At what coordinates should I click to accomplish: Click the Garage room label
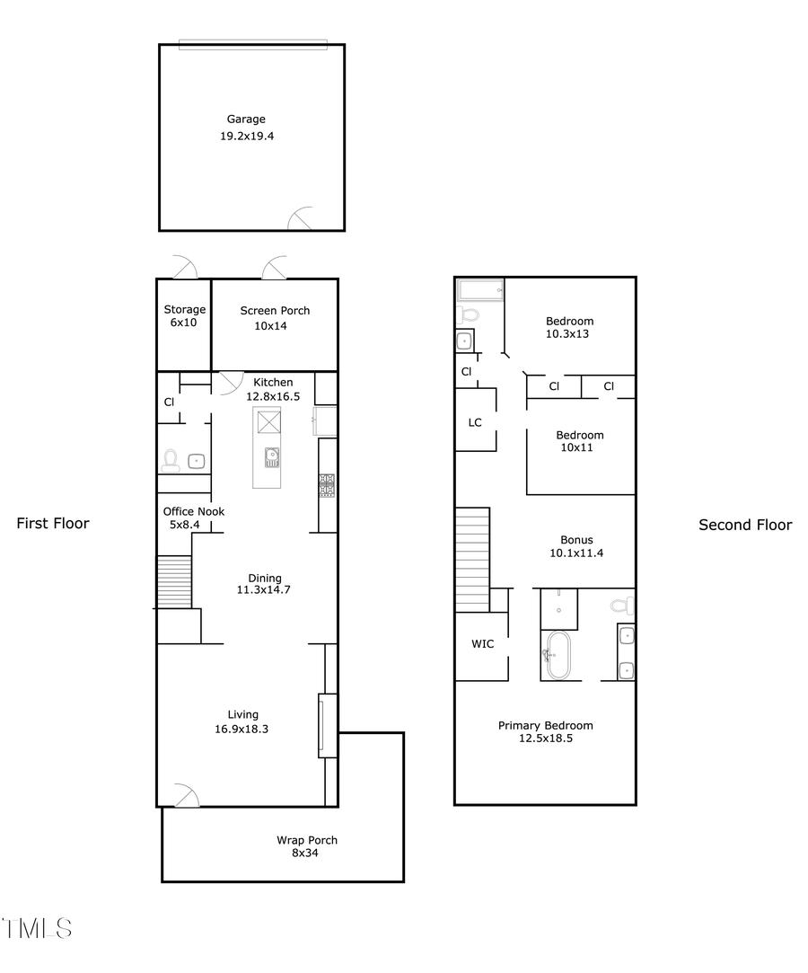tap(245, 119)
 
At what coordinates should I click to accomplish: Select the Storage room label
tap(184, 310)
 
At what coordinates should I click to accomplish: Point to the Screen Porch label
tap(275, 311)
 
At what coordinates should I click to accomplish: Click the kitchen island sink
tap(272, 457)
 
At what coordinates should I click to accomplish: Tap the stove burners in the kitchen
tap(327, 485)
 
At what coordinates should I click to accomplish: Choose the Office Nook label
tap(194, 511)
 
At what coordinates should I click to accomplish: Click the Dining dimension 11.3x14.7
tap(264, 590)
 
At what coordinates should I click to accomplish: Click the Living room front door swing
tap(186, 795)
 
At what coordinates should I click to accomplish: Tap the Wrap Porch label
tap(307, 841)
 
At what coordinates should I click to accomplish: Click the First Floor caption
tap(53, 524)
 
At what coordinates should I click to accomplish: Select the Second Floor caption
tap(745, 525)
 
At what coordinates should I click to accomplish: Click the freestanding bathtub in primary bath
tap(558, 656)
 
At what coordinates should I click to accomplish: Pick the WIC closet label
tap(482, 644)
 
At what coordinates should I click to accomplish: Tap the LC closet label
tap(476, 421)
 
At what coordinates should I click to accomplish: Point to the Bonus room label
tap(576, 540)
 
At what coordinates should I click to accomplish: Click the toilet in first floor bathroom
tap(171, 460)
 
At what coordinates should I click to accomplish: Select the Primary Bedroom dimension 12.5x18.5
tap(545, 739)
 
